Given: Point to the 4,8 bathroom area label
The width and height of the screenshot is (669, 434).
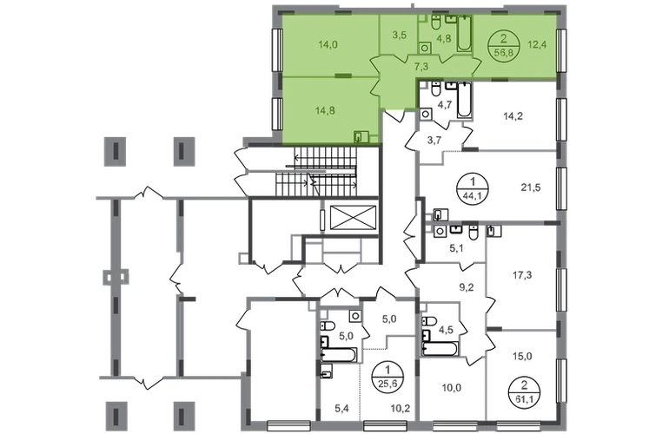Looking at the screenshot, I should click(443, 38).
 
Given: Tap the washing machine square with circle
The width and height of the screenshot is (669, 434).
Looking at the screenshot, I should click(424, 47).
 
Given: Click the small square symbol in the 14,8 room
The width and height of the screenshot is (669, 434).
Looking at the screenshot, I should click(361, 135).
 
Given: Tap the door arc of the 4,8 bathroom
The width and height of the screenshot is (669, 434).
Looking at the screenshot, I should click(444, 59).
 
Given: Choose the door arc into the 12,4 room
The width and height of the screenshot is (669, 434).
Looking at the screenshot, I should click(476, 66).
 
